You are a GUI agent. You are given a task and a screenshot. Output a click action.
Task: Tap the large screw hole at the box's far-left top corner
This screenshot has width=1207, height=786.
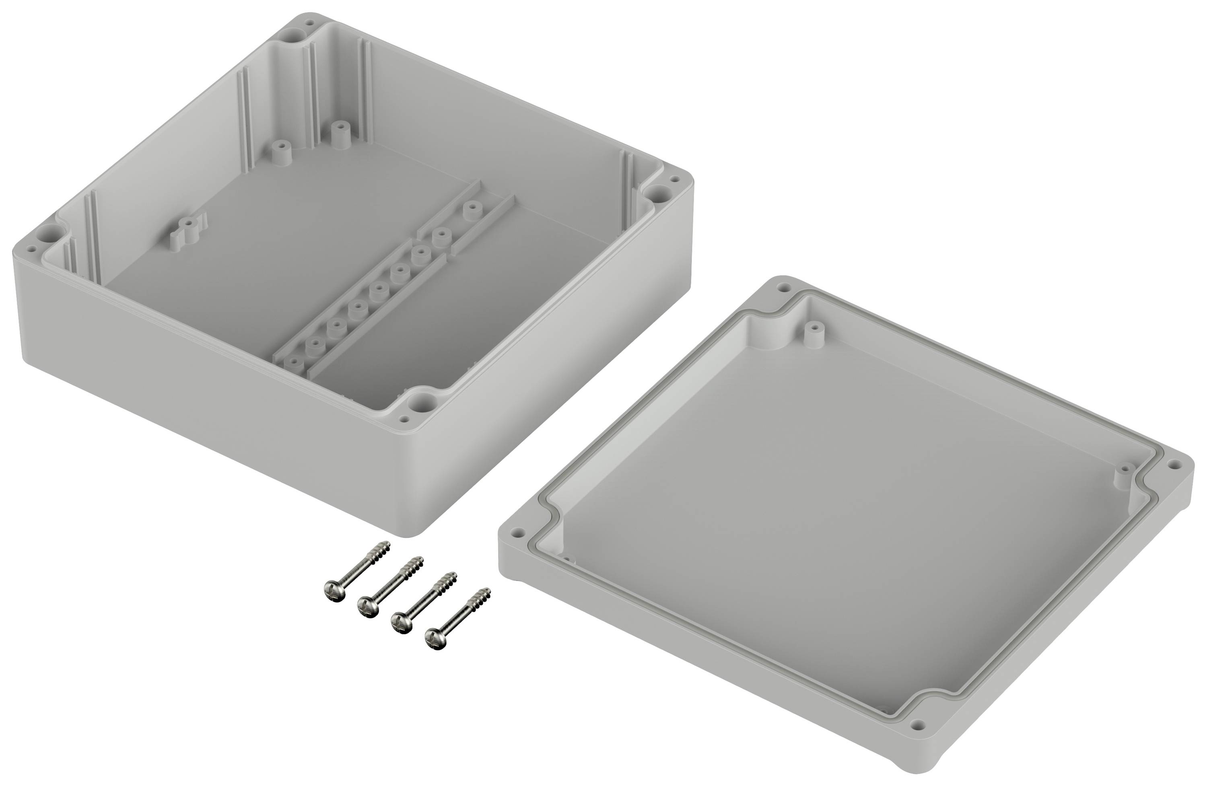click(294, 35)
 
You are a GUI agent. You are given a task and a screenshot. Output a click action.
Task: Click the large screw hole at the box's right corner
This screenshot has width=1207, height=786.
click(658, 192)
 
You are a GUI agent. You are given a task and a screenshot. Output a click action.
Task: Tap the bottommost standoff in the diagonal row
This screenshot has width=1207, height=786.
click(294, 362)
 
